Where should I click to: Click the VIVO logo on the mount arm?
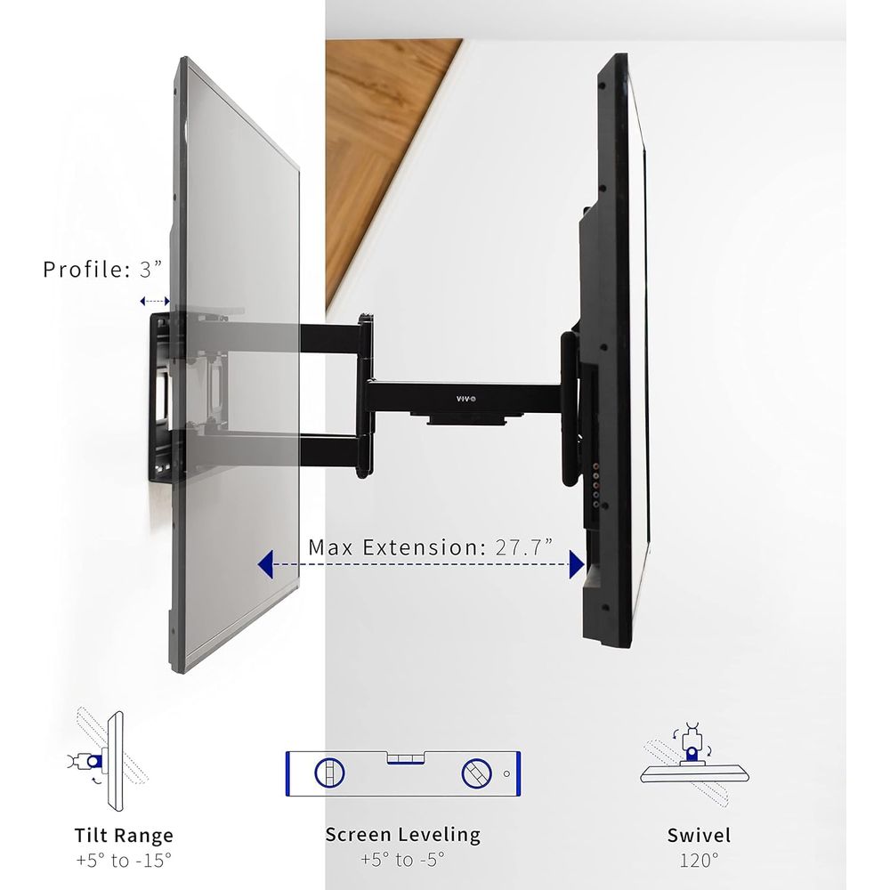pyautogui.click(x=466, y=399)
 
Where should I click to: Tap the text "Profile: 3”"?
pyautogui.click(x=102, y=270)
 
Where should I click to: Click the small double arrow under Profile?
pyautogui.click(x=155, y=302)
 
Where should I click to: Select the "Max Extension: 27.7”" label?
pyautogui.click(x=430, y=547)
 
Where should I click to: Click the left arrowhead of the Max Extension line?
pyautogui.click(x=265, y=564)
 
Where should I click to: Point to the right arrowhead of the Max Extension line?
pyautogui.click(x=577, y=565)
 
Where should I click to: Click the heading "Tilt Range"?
pyautogui.click(x=124, y=836)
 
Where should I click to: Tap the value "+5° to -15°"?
pyautogui.click(x=124, y=861)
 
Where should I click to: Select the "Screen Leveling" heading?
pyautogui.click(x=403, y=835)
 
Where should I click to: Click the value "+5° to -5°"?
pyautogui.click(x=403, y=860)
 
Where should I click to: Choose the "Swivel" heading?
pyautogui.click(x=699, y=836)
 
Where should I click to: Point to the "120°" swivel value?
pyautogui.click(x=699, y=861)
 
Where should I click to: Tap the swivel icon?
pyautogui.click(x=695, y=764)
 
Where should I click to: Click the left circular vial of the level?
pyautogui.click(x=329, y=773)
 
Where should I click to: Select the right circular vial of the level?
pyautogui.click(x=477, y=773)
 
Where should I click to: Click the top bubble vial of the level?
pyautogui.click(x=406, y=758)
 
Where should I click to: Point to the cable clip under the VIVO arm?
pyautogui.click(x=466, y=420)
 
